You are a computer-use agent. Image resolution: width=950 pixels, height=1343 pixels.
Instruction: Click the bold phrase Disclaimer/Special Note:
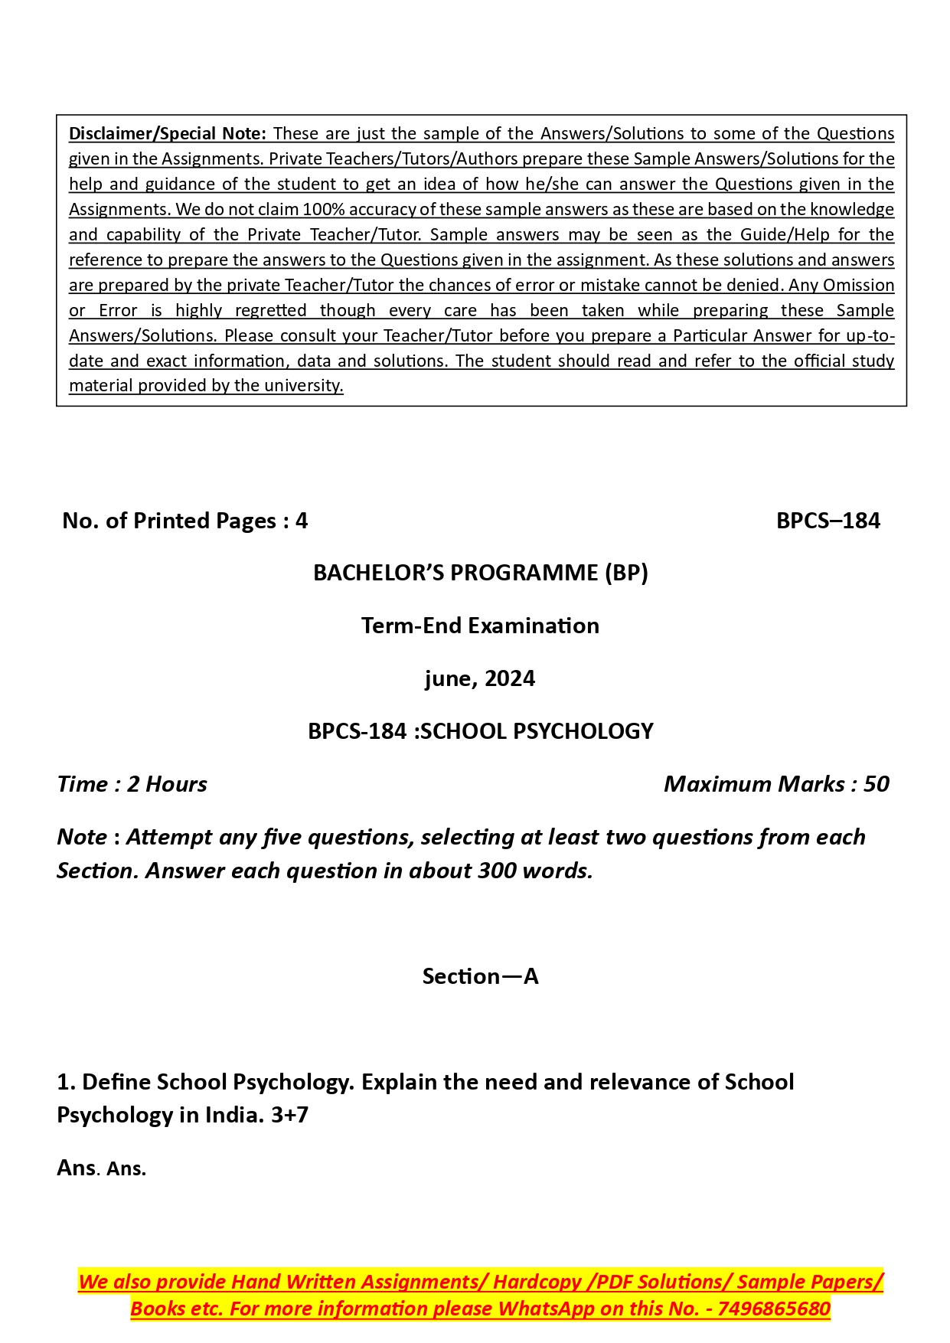(167, 133)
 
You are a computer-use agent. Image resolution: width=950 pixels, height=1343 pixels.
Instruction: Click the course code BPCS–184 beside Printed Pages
(828, 521)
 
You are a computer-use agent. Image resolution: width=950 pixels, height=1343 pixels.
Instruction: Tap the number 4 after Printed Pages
(302, 521)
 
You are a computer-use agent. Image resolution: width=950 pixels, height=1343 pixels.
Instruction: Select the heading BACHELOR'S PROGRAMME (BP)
(480, 573)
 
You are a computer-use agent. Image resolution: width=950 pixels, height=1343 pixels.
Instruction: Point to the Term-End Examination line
(480, 626)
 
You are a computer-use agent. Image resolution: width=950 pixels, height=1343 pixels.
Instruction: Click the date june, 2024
(480, 678)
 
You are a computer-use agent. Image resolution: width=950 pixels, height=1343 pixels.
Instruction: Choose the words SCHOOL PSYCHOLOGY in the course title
(537, 731)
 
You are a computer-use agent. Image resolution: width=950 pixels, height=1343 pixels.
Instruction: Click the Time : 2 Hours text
(132, 784)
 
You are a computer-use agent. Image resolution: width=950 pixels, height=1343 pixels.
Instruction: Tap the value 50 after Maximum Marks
(876, 784)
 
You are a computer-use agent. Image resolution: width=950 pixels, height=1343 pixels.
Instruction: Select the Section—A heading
(480, 976)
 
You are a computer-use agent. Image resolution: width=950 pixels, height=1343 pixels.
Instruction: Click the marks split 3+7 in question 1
(289, 1115)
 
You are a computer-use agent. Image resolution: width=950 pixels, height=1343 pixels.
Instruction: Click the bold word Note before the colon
(81, 837)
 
